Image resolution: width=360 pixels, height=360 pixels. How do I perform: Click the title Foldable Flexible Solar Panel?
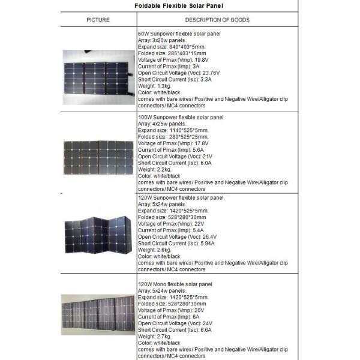(x=179, y=5)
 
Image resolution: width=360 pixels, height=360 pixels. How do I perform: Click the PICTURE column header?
(x=98, y=20)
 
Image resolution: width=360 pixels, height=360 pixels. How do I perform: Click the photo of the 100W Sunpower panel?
(x=98, y=154)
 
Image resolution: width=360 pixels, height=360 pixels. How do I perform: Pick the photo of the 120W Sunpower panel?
(x=98, y=232)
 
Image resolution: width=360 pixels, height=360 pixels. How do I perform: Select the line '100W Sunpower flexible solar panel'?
(x=181, y=117)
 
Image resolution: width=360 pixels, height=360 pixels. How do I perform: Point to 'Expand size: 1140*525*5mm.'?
(x=173, y=130)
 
